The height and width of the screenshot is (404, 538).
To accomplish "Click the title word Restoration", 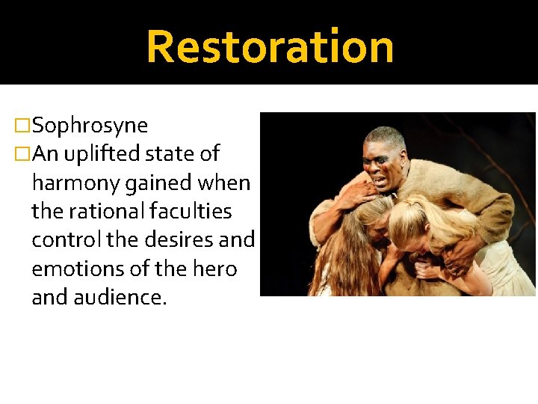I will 270,46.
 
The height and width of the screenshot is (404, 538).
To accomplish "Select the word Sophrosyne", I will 90,126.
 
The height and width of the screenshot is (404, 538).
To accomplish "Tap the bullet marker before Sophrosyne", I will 22,126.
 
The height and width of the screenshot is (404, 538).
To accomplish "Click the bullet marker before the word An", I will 22,154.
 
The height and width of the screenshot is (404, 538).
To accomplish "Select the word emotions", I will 68,268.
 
